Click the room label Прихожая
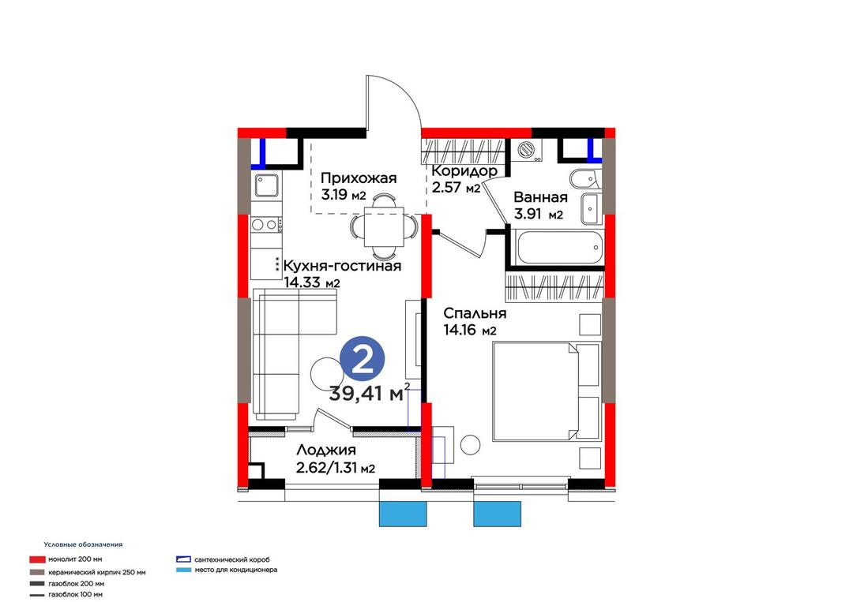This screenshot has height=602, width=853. pyautogui.click(x=359, y=178)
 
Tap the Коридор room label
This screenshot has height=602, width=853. pyautogui.click(x=464, y=171)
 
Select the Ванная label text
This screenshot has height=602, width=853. pyautogui.click(x=540, y=197)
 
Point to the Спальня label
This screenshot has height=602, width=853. pyautogui.click(x=475, y=313)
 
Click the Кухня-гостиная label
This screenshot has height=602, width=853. pyautogui.click(x=343, y=266)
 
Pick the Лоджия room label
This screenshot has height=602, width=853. pyautogui.click(x=326, y=451)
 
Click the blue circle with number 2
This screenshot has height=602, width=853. pyautogui.click(x=363, y=361)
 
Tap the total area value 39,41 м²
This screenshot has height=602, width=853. pyautogui.click(x=369, y=393)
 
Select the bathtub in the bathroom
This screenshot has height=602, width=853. pyautogui.click(x=560, y=247)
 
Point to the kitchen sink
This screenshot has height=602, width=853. pyautogui.click(x=267, y=185)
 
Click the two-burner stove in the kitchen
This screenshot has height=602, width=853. pyautogui.click(x=265, y=224)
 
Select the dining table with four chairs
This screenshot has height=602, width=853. pyautogui.click(x=384, y=226)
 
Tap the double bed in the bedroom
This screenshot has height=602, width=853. pyautogui.click(x=547, y=391)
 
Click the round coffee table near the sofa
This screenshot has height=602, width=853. pyautogui.click(x=325, y=373)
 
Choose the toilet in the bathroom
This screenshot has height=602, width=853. pyautogui.click(x=584, y=179)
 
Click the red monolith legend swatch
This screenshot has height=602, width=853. pyautogui.click(x=37, y=559)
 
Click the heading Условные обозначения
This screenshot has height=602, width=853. pyautogui.click(x=83, y=544)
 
